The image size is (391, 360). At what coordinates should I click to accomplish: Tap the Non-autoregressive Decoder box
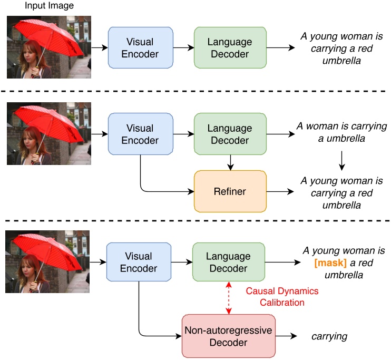pos(228,336)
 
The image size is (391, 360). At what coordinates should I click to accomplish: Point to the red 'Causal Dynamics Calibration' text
pos(282,296)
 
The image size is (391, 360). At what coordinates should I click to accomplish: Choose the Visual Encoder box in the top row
pos(140,47)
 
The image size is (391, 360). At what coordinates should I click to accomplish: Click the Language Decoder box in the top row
pos(230,47)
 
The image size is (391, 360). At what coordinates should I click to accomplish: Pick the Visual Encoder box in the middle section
pos(140,133)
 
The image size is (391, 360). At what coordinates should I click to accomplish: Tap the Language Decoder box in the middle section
pos(230,133)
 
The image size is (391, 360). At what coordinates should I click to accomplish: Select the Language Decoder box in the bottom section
pos(228,262)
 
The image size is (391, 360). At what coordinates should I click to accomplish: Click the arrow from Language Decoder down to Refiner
pos(230,162)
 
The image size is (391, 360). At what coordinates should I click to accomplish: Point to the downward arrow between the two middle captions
pos(341,160)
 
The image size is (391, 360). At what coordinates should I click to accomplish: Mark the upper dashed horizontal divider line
pos(195,92)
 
